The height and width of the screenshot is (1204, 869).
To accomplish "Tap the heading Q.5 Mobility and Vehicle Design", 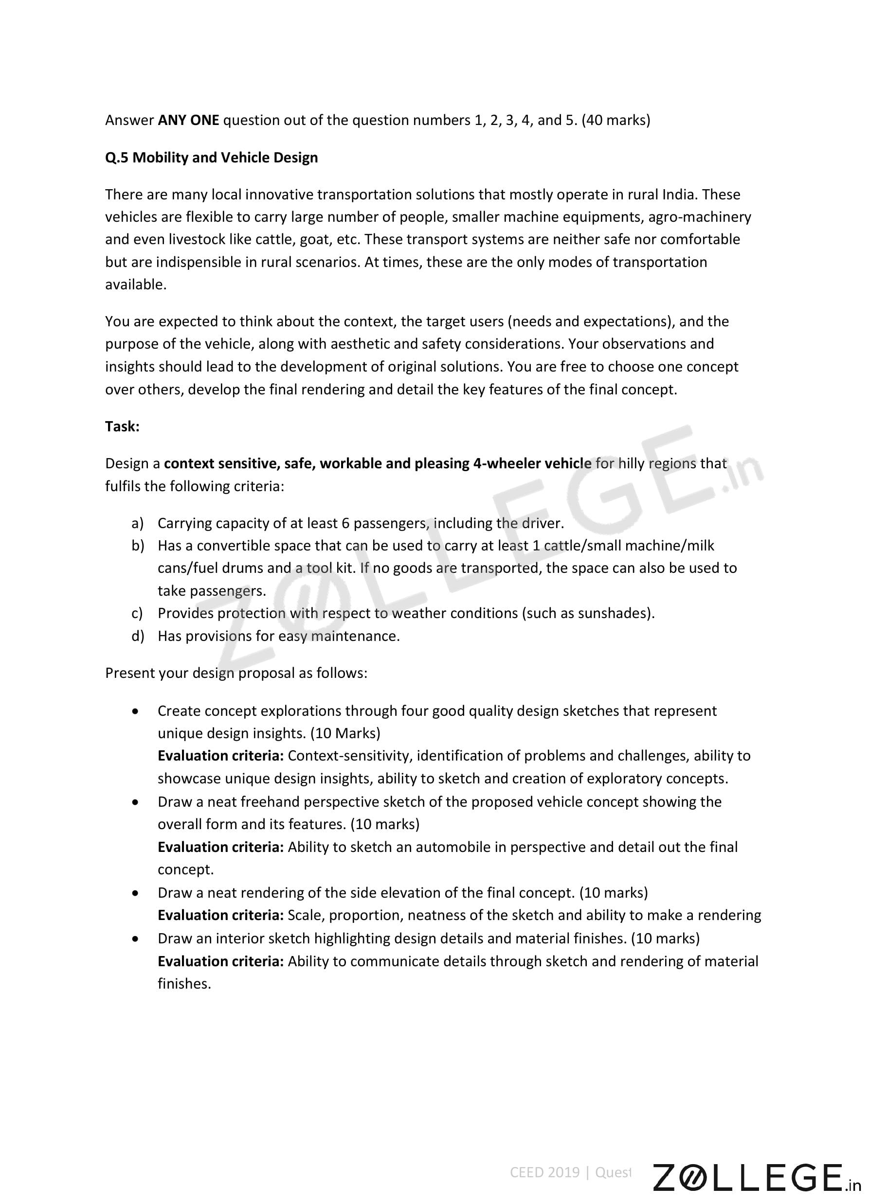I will [x=211, y=158].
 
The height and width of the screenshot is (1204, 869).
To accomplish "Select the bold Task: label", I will [x=122, y=427].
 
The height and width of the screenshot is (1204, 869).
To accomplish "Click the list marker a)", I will [x=138, y=523].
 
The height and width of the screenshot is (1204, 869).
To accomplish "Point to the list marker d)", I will [x=138, y=636].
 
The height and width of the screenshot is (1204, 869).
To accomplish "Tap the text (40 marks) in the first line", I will [x=616, y=121].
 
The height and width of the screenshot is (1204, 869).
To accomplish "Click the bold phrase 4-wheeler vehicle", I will [x=532, y=464].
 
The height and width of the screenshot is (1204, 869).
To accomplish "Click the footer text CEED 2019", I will [x=544, y=1172].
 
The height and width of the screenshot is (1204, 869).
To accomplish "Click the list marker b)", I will [x=138, y=546].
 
